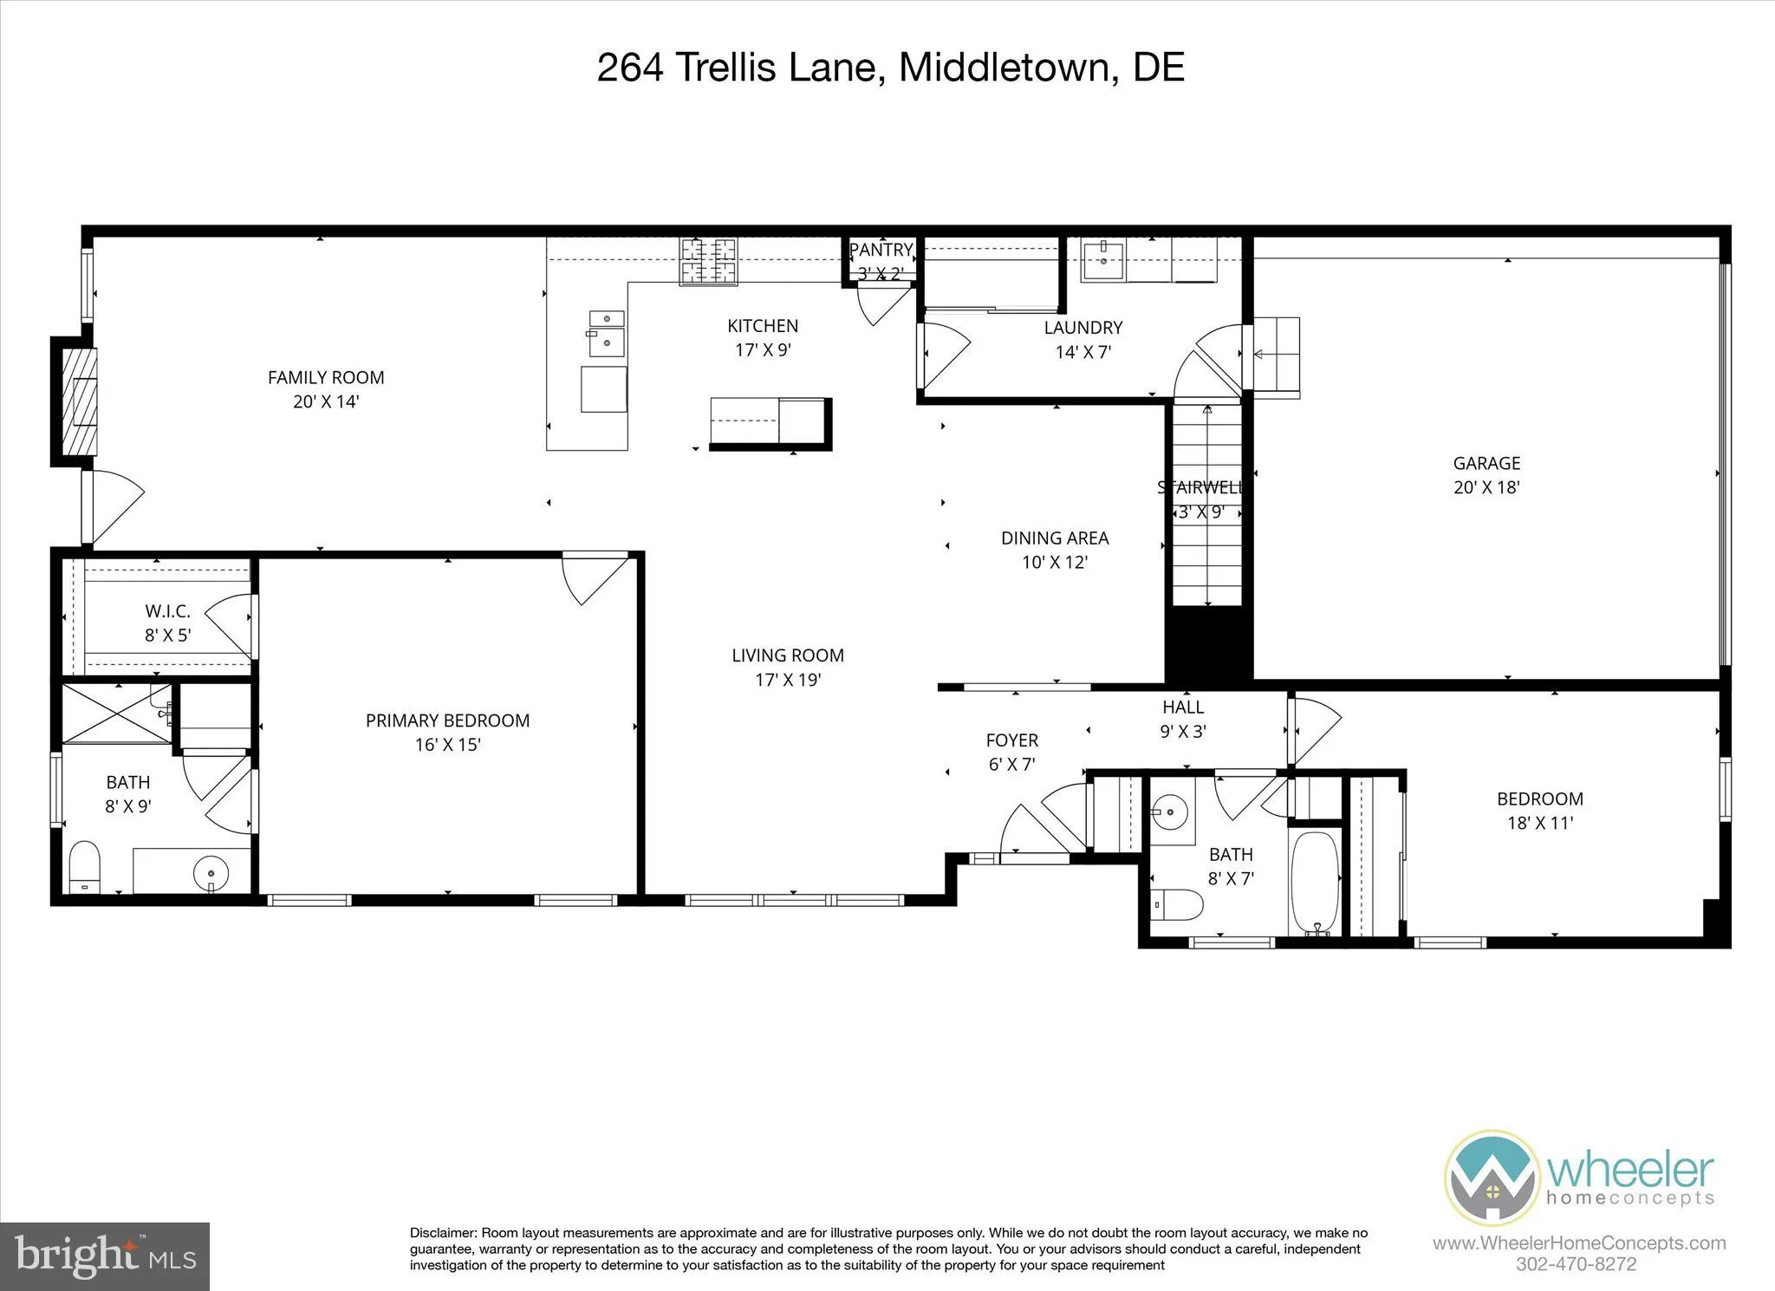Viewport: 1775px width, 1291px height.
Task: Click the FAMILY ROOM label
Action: [x=326, y=377]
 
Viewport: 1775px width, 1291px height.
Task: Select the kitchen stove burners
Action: [x=708, y=261]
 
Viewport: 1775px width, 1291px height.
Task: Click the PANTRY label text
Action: [x=881, y=250]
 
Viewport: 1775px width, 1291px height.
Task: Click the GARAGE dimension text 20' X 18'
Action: [x=1486, y=487]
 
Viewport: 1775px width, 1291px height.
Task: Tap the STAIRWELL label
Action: [x=1200, y=487]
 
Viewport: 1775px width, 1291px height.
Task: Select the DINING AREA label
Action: [x=1055, y=538]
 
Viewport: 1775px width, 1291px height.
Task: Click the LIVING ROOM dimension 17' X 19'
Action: [x=787, y=680]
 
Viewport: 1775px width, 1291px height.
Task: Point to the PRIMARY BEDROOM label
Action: [x=447, y=720]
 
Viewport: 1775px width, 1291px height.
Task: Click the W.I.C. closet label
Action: [x=167, y=611]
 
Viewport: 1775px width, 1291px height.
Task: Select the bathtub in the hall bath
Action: [x=1315, y=883]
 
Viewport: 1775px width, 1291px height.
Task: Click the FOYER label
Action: [x=1011, y=740]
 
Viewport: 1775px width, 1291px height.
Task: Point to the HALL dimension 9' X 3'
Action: [x=1183, y=731]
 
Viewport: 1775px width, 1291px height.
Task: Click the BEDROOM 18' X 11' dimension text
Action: [x=1539, y=823]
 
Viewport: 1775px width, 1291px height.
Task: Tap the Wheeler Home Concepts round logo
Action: [x=1491, y=1177]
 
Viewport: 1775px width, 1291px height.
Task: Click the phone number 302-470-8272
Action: [x=1576, y=1264]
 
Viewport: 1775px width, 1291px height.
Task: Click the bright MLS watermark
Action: [x=104, y=1256]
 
